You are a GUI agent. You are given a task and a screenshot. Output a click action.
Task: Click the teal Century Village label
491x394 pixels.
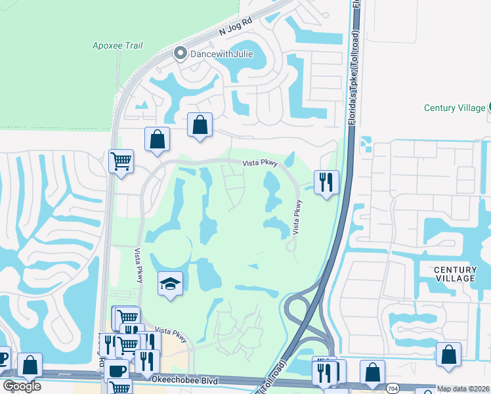point(454,108)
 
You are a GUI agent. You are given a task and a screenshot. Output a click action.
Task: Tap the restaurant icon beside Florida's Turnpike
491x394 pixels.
point(326,181)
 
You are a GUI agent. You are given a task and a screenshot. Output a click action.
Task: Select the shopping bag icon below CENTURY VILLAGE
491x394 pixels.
point(448,355)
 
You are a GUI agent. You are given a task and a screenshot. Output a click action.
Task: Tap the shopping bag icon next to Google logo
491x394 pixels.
point(30,364)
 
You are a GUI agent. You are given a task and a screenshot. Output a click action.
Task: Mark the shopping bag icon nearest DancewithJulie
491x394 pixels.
point(200,124)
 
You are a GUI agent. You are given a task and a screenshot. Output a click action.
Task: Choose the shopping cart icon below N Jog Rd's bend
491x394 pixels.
point(121,162)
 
